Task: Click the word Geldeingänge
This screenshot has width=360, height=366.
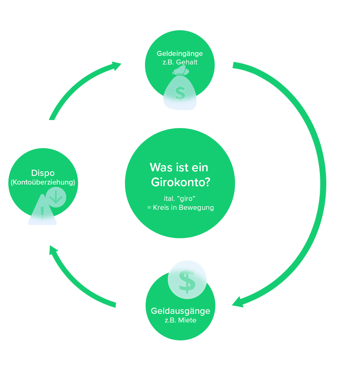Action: (x=180, y=54)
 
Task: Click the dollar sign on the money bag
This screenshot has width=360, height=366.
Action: (x=180, y=93)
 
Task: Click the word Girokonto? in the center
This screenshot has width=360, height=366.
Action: (x=180, y=182)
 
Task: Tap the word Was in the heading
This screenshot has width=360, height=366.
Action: (x=159, y=168)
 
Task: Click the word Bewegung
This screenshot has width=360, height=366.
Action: (x=196, y=207)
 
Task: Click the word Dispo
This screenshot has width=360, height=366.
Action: (x=43, y=173)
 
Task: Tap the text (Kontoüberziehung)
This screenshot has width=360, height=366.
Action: (x=43, y=182)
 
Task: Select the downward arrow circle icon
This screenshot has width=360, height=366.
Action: (x=56, y=197)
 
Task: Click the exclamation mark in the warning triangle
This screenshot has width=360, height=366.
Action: (x=42, y=212)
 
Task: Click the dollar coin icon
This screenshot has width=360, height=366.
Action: (x=187, y=280)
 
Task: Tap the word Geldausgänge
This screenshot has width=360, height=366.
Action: (x=180, y=311)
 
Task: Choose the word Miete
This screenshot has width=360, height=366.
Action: (x=188, y=320)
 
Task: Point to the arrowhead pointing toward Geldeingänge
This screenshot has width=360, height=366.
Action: (x=116, y=65)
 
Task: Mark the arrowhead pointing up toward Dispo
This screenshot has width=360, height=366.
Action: (x=53, y=250)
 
